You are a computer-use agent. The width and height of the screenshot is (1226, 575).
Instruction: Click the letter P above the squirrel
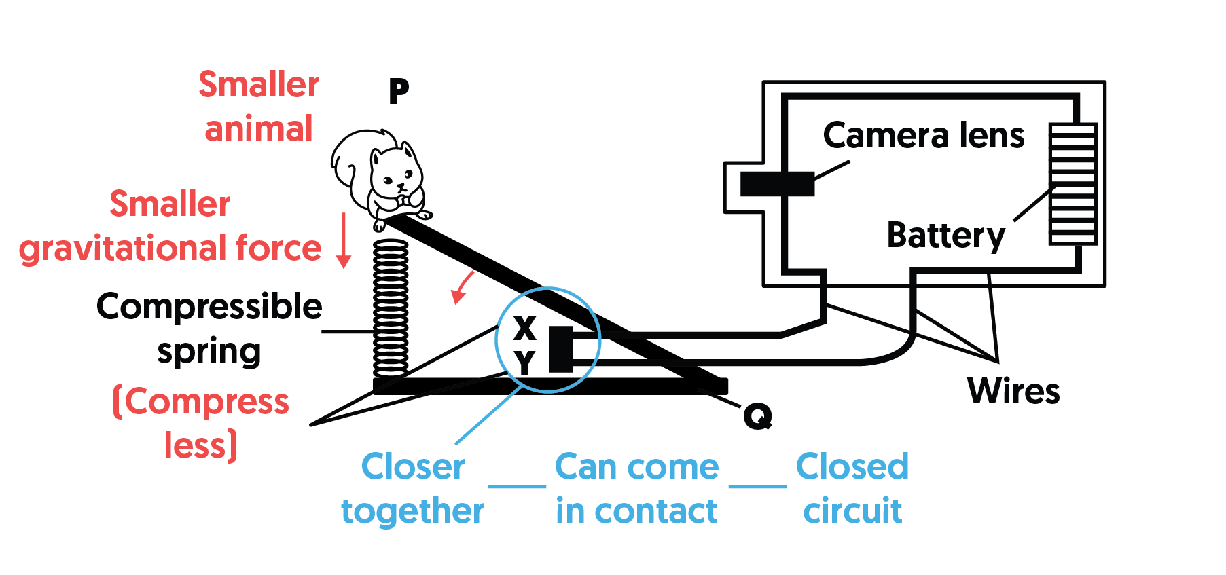tap(399, 90)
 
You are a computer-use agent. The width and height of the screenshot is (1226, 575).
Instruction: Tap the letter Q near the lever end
tap(757, 415)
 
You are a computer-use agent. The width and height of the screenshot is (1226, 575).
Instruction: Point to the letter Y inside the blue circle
tap(524, 363)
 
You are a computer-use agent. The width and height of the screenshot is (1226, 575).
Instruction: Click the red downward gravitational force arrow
tap(344, 240)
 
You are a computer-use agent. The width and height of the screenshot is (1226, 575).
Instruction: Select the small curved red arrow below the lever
tap(462, 287)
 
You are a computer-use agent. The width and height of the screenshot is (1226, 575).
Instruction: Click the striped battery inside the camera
tap(1072, 183)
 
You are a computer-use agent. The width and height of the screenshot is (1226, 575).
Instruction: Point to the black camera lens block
tap(777, 183)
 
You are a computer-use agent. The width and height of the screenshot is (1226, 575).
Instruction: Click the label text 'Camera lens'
tap(923, 135)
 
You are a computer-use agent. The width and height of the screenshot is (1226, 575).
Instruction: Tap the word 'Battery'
tap(945, 236)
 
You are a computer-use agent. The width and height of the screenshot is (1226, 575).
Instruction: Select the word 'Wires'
tap(1013, 391)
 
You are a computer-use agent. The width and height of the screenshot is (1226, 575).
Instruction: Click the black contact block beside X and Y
tap(561, 349)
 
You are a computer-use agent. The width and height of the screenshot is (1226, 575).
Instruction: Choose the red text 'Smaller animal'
tap(259, 107)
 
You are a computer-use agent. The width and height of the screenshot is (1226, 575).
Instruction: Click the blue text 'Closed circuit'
tap(852, 488)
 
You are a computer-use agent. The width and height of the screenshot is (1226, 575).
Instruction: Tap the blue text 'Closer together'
tap(412, 488)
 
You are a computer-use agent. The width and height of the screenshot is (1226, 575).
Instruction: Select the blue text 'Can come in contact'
tap(636, 488)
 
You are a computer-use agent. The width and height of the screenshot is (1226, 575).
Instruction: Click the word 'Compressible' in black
tap(209, 307)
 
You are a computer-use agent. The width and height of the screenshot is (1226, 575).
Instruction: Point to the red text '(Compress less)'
tap(201, 423)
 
